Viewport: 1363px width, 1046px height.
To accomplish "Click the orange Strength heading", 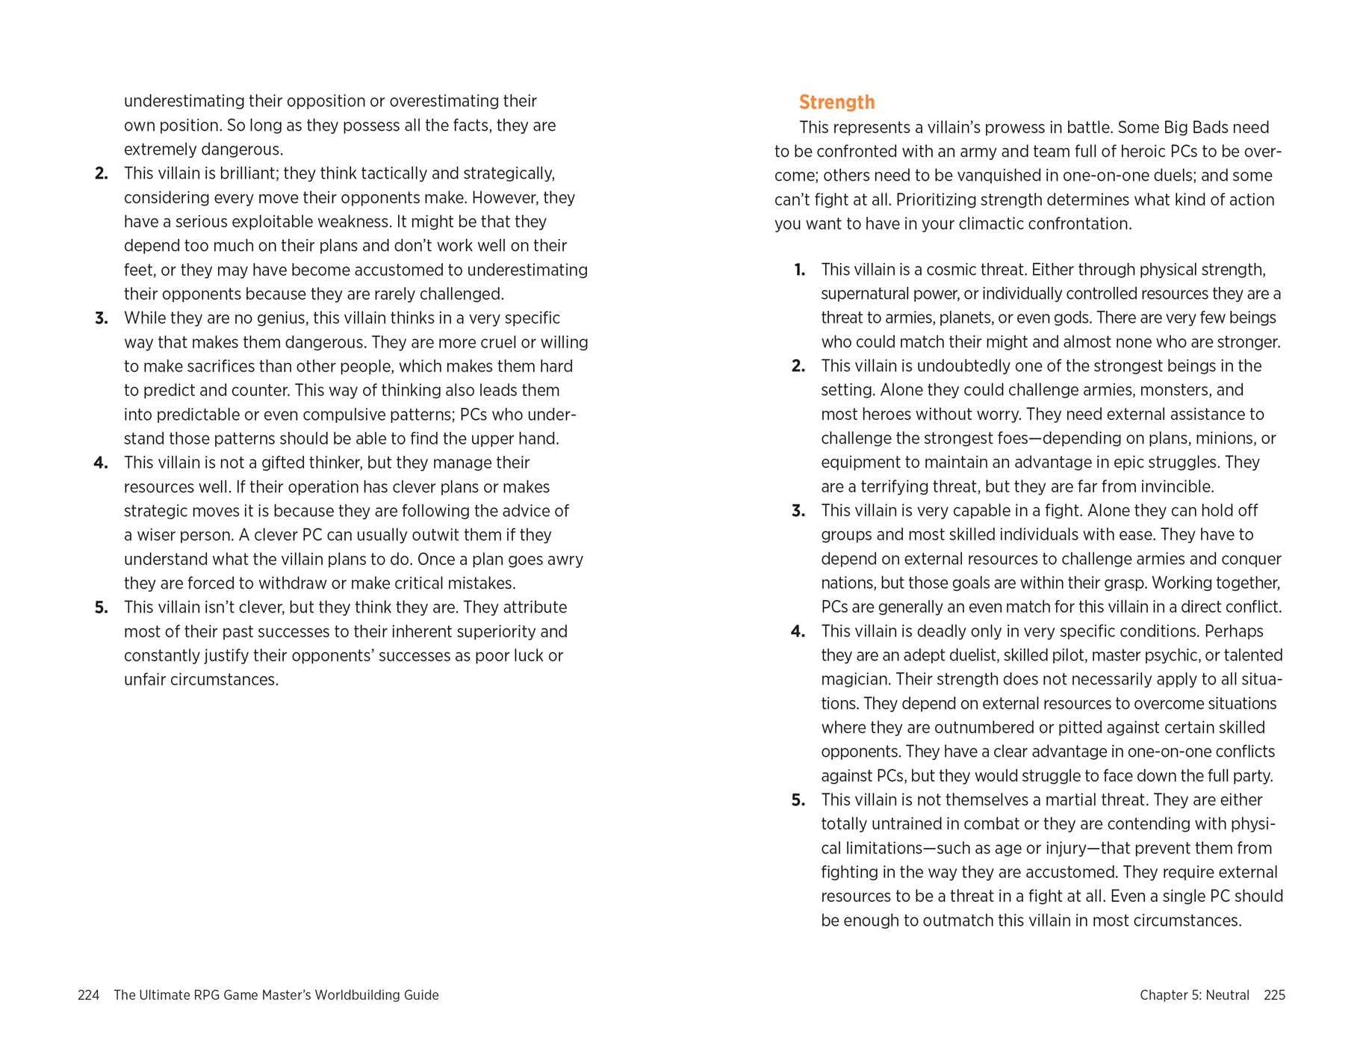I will point(836,102).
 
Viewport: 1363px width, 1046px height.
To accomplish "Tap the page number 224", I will point(88,995).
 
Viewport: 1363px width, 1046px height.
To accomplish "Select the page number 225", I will point(1274,995).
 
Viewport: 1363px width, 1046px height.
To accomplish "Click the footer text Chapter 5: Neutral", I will point(1194,995).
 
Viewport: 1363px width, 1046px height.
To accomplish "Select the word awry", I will point(566,560).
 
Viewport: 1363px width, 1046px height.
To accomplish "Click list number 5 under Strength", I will point(798,800).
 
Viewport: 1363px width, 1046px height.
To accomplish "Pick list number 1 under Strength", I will point(800,270).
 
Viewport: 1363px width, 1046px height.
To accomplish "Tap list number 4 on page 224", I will point(101,463).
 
